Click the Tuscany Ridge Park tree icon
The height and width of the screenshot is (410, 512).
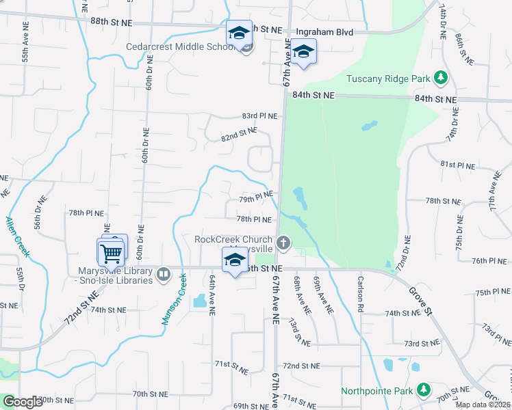coord(442,79)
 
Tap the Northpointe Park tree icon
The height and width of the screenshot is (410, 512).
coord(424,390)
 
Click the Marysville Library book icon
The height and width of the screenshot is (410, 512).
coord(163,275)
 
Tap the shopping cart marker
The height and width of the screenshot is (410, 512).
coord(111,254)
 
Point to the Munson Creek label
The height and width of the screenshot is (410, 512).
coord(174,299)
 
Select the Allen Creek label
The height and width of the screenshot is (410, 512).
coord(17,236)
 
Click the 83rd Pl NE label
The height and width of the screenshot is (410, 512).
coord(259,116)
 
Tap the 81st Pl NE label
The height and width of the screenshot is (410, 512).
coord(457,165)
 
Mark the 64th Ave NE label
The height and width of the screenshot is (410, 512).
coord(213,295)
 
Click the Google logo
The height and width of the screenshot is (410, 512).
coord(23,402)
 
